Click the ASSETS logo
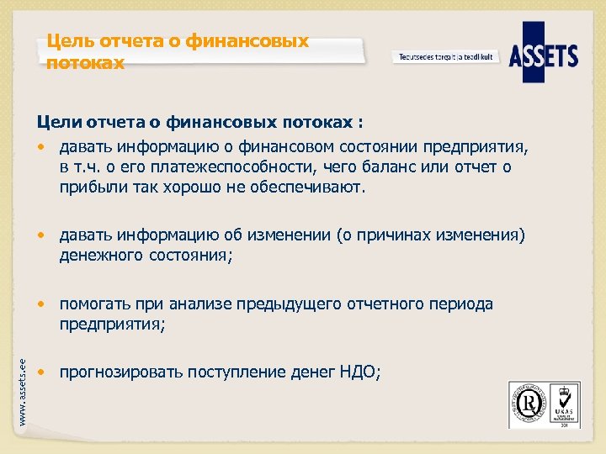(x=544, y=56)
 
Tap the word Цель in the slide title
(x=66, y=41)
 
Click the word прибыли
(x=87, y=187)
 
